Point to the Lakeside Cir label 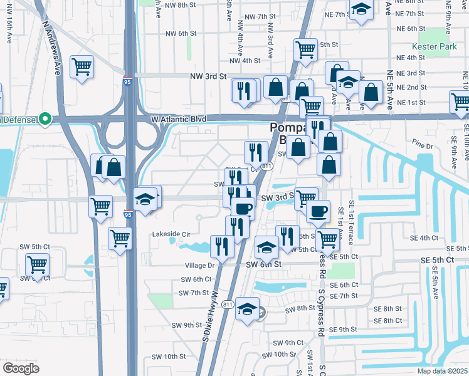coord(171,234)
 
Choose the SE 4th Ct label coord(424,238)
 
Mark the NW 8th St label coord(178,5)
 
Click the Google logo coord(21,368)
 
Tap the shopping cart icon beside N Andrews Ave coord(82,65)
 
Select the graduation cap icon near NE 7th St coord(361,9)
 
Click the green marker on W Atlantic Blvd coord(45,118)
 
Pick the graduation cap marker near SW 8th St coord(248,308)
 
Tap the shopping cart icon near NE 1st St coord(460,100)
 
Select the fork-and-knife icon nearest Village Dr coord(222,246)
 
